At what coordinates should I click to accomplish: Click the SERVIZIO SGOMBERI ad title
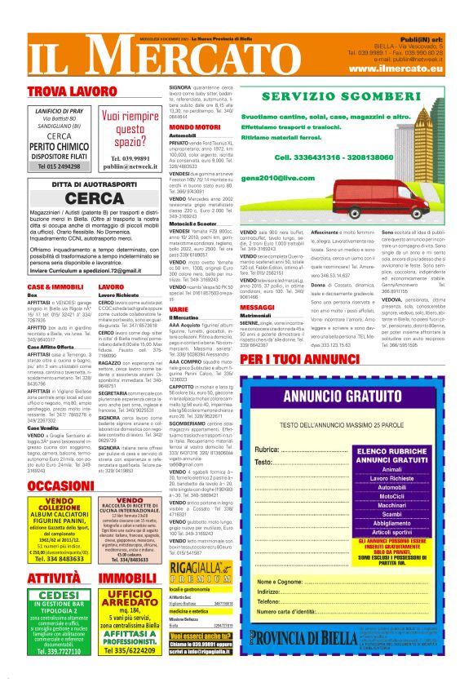pyautogui.click(x=352, y=96)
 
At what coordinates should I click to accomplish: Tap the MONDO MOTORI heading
pyautogui.click(x=194, y=128)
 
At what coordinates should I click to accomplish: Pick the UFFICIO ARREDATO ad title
pyautogui.click(x=131, y=599)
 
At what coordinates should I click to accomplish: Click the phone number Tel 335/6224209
pyautogui.click(x=131, y=651)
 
